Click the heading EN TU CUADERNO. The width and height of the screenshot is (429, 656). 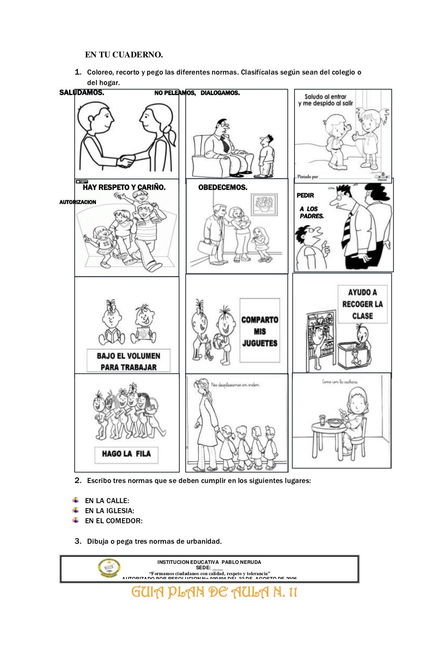click(124, 55)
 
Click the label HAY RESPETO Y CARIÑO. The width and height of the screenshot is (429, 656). click(124, 188)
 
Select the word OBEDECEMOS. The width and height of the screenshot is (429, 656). click(222, 188)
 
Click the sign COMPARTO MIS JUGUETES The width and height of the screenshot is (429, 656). click(259, 331)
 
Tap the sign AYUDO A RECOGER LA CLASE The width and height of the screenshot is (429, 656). click(362, 304)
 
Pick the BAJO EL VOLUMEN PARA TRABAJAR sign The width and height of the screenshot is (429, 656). click(128, 361)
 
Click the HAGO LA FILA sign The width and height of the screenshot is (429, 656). click(126, 454)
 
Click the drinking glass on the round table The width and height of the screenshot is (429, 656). click(322, 420)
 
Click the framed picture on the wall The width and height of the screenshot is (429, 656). click(264, 204)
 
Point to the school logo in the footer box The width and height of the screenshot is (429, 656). click(109, 568)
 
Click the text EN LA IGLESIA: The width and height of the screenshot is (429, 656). click(109, 511)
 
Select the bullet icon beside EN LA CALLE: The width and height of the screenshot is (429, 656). click(75, 500)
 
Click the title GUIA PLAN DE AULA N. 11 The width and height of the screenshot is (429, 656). click(214, 592)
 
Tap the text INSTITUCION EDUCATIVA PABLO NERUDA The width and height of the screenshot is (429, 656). click(209, 562)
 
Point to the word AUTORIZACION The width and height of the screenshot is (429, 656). click(78, 202)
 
